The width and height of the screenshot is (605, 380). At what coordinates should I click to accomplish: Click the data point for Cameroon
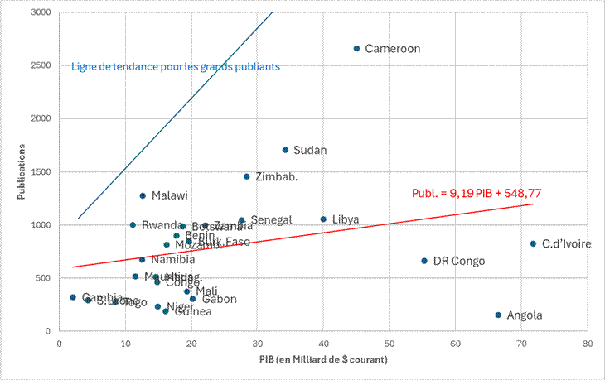356,49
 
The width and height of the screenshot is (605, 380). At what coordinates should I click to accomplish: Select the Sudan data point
285,150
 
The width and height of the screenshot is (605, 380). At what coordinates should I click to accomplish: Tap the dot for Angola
498,315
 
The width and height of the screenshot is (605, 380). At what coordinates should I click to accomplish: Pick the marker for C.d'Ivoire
533,243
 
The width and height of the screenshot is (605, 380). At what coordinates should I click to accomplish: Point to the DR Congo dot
424,261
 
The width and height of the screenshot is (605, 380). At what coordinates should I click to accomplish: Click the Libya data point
323,219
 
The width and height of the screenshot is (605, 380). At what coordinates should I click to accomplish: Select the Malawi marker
143,195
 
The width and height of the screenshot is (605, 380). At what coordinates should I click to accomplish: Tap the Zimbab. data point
246,176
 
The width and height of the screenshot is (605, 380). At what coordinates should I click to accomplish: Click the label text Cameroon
393,49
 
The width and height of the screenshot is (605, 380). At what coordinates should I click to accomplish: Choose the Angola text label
525,315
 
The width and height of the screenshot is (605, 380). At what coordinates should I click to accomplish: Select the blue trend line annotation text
176,66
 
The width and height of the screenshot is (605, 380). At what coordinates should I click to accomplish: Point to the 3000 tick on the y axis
40,13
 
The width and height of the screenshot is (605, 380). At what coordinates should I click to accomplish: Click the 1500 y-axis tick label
40,172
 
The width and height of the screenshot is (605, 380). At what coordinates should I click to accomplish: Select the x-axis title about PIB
323,360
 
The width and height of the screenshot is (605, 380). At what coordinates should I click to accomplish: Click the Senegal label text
271,219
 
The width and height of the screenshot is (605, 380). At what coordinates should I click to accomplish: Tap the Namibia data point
142,260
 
